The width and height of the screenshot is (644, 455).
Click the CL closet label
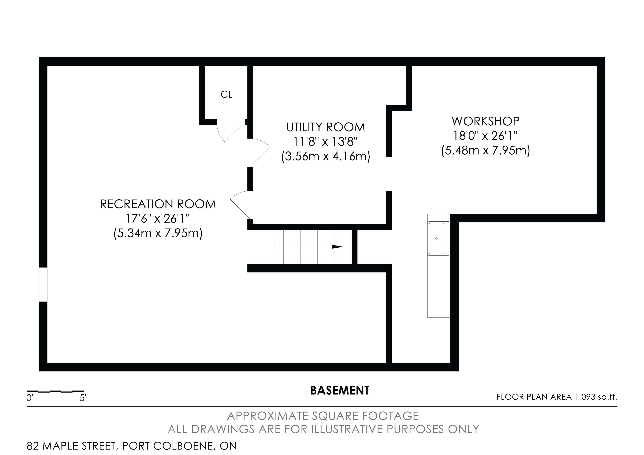226,95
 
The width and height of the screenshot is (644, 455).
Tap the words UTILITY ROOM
326,127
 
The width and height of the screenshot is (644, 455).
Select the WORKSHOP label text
486,121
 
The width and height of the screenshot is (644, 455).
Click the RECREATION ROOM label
158,204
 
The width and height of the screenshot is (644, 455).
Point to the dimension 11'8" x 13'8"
326,142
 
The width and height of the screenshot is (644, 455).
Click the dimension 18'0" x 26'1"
486,136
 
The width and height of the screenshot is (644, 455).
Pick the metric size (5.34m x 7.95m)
158,233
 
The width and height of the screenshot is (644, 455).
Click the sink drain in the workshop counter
436,238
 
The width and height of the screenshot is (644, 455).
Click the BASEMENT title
340,390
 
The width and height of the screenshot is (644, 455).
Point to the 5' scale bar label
83,398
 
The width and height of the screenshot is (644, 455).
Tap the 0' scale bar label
30,398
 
